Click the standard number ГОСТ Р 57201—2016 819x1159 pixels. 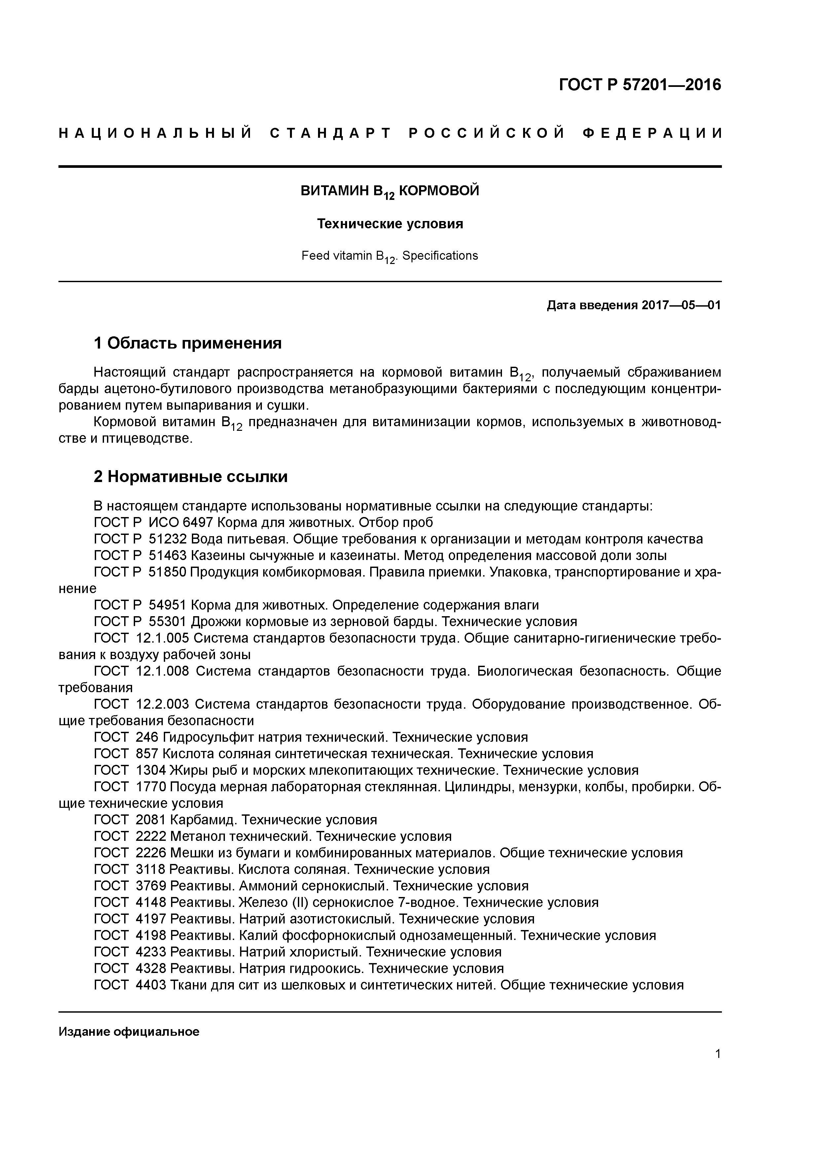click(x=640, y=85)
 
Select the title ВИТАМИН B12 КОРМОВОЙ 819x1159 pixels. click(x=390, y=191)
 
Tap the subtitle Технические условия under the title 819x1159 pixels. click(x=390, y=224)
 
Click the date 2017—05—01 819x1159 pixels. click(x=681, y=305)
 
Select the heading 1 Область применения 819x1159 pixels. click(x=187, y=343)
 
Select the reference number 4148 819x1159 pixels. click(x=151, y=903)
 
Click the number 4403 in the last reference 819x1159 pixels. click(x=151, y=985)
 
